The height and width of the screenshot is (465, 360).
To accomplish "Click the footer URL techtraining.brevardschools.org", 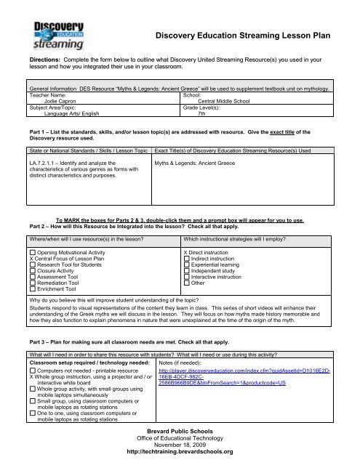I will pyautogui.click(x=180, y=450).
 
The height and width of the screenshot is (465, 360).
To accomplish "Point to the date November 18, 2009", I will pyautogui.click(x=180, y=442).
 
